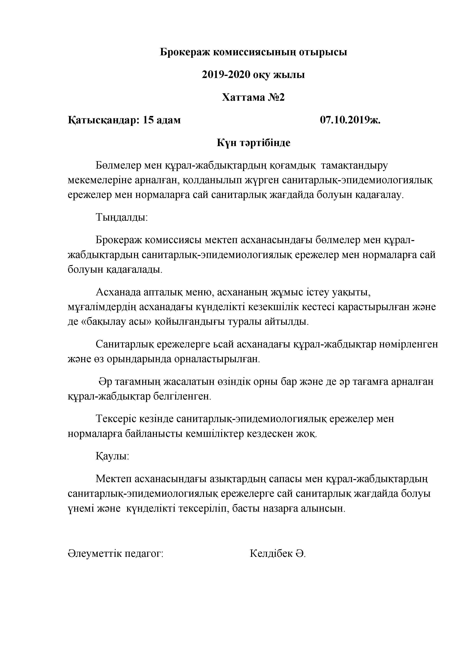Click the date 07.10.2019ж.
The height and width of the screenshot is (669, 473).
click(x=350, y=120)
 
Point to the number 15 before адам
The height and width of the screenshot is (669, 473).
click(x=148, y=120)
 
